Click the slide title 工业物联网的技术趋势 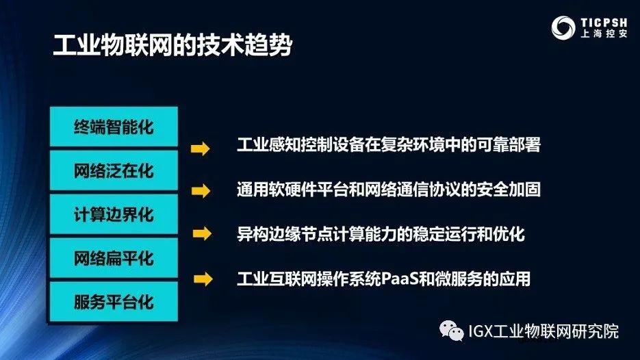tap(172, 46)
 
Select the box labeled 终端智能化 tap(114, 127)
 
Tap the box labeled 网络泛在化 tap(114, 170)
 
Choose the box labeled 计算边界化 tap(114, 214)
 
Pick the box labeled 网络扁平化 tap(114, 258)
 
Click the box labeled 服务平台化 tap(114, 301)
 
